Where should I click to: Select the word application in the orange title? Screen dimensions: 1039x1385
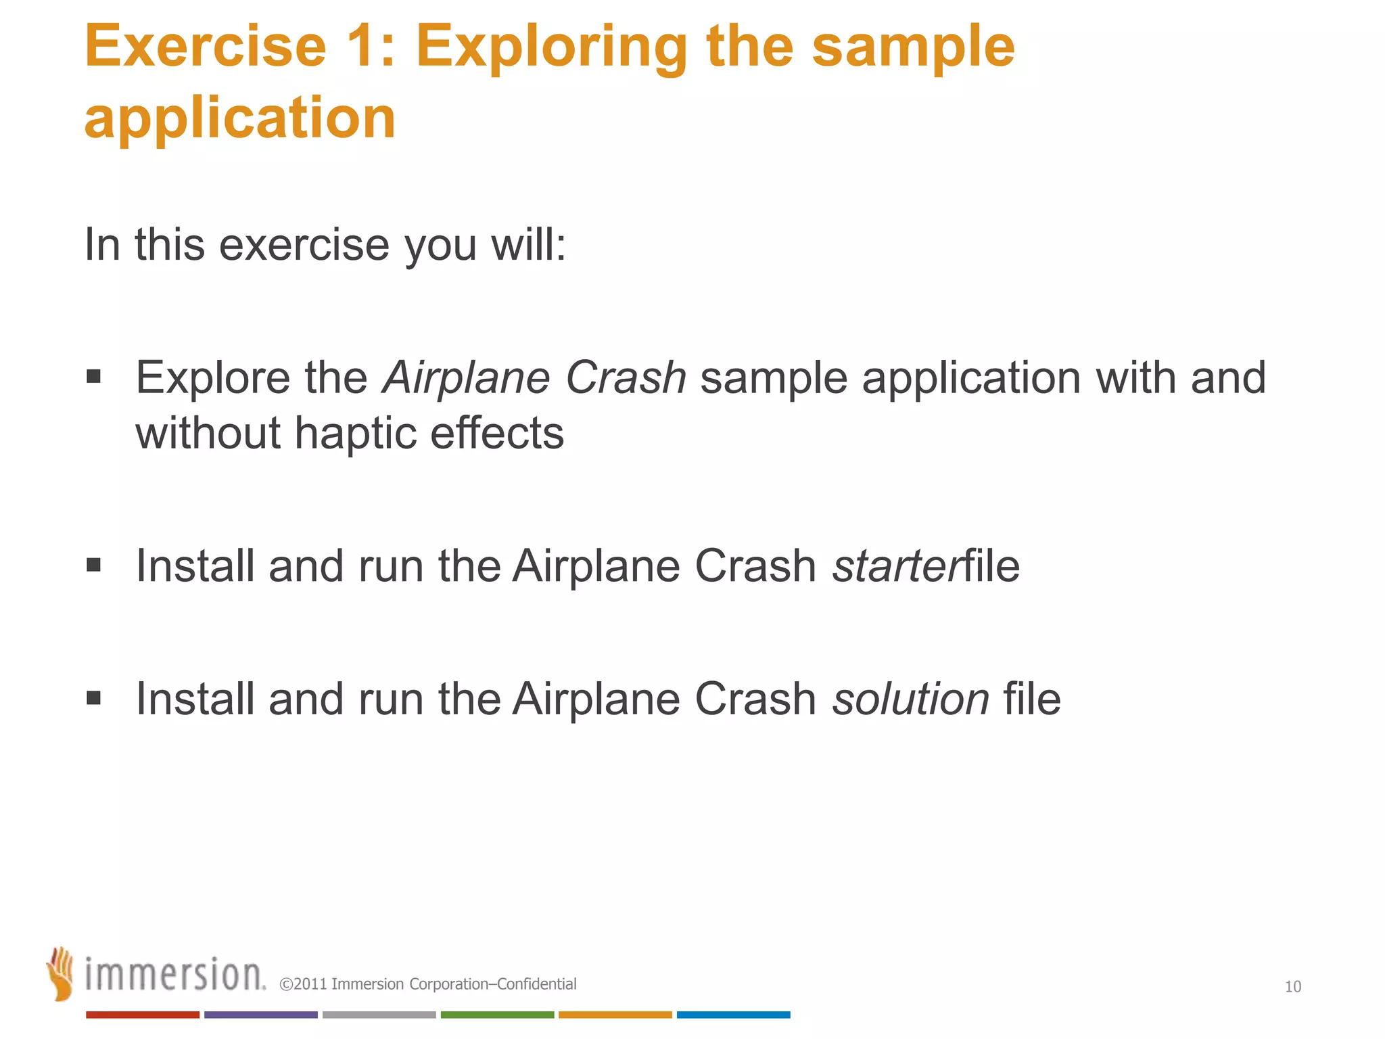[239, 120]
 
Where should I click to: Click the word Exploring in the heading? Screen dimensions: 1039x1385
[550, 47]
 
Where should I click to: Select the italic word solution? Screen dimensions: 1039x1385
[910, 699]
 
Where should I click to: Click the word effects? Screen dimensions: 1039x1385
[496, 433]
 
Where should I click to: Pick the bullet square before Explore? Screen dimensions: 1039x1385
[94, 376]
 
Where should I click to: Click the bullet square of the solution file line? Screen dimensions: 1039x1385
[94, 697]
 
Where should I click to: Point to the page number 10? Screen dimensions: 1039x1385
[1292, 987]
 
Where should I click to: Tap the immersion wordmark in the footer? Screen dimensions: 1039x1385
[174, 975]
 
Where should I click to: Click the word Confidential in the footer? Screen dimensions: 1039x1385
[536, 984]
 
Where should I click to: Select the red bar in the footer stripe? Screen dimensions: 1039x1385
[143, 1015]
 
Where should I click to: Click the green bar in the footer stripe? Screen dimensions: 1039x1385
[497, 1015]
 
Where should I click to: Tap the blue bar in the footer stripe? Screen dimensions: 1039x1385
[733, 1015]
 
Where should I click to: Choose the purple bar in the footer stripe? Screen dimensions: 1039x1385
[260, 1015]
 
